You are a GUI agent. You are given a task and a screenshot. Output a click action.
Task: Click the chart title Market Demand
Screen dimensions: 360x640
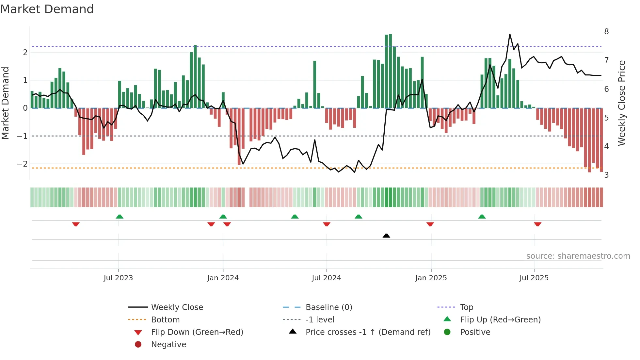pyautogui.click(x=47, y=9)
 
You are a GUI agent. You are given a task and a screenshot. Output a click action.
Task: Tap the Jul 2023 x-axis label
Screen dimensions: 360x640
pyautogui.click(x=118, y=278)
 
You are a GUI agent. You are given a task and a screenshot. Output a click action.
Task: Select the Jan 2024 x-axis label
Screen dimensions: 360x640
pyautogui.click(x=223, y=278)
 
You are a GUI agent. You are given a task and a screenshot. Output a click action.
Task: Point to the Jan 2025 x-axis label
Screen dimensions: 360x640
pyautogui.click(x=431, y=278)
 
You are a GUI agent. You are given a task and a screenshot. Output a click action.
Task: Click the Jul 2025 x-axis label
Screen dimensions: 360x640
pyautogui.click(x=534, y=278)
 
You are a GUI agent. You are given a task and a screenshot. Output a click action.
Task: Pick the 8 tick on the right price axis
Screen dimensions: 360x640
pyautogui.click(x=606, y=32)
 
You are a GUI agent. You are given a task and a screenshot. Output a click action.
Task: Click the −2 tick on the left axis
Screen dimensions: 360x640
pyautogui.click(x=23, y=164)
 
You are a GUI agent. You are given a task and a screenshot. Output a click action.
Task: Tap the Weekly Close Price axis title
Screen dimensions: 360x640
pyautogui.click(x=622, y=103)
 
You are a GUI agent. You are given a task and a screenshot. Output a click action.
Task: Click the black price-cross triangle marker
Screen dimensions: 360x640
pyautogui.click(x=386, y=236)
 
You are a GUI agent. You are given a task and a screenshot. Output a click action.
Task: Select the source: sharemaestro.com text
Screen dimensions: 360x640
pyautogui.click(x=578, y=256)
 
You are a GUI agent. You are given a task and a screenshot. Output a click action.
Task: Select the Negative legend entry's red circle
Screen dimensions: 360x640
pyautogui.click(x=138, y=344)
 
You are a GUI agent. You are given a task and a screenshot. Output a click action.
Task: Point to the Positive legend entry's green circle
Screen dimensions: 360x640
pyautogui.click(x=447, y=332)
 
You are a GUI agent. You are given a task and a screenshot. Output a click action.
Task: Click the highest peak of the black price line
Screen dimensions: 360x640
pyautogui.click(x=510, y=34)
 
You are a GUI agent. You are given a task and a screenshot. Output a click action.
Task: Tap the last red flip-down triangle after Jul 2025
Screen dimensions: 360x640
pyautogui.click(x=538, y=224)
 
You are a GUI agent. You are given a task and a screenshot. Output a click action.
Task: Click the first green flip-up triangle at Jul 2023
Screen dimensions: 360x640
pyautogui.click(x=120, y=217)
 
